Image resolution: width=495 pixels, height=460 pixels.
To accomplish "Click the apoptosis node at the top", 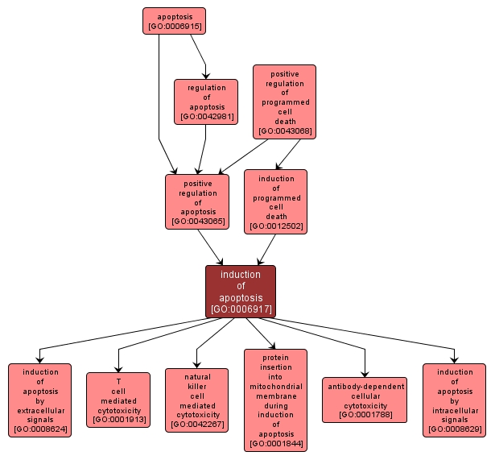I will (x=174, y=21).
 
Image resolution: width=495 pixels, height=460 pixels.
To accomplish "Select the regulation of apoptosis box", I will (x=206, y=102).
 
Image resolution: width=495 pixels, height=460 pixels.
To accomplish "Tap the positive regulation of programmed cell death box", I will (x=284, y=102).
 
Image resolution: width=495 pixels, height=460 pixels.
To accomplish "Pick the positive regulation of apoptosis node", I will (x=197, y=202).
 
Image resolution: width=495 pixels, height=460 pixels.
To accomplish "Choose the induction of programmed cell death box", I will (x=275, y=201).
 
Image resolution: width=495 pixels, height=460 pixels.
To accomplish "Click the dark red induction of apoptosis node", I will (x=240, y=291).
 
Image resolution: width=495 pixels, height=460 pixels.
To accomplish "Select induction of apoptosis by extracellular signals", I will (x=40, y=400).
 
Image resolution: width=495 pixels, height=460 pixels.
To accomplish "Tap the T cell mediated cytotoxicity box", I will (x=118, y=400).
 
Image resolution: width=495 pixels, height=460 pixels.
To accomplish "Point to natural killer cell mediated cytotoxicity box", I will (x=196, y=400).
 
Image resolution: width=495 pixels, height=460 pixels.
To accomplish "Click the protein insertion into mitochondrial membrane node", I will (x=275, y=400).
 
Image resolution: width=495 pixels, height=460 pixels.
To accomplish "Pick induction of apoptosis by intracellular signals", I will (x=454, y=400).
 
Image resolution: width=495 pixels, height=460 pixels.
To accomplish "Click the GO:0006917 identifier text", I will (x=241, y=309).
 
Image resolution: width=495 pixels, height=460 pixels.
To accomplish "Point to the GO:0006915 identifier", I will (x=174, y=27).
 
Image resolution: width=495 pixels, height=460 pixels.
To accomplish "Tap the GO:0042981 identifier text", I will (x=206, y=117).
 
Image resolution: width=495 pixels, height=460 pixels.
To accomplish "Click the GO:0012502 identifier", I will (x=276, y=226).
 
